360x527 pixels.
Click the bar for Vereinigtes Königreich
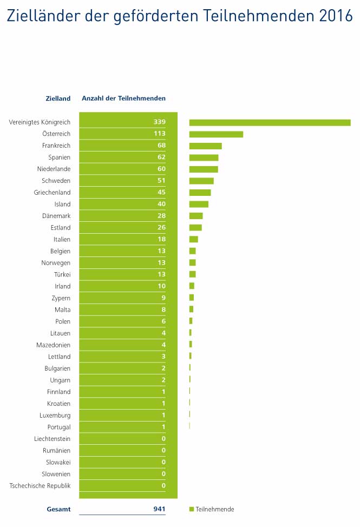tap(270, 122)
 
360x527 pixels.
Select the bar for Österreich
tap(216, 134)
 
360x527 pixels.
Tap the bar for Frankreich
tap(205, 146)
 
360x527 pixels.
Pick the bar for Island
tap(199, 204)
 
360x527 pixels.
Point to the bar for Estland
tap(195, 228)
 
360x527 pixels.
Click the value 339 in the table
tap(159, 122)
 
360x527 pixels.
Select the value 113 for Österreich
tap(159, 134)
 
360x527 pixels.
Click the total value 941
tap(159, 509)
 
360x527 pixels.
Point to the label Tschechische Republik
tap(40, 486)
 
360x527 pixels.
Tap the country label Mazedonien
tap(54, 345)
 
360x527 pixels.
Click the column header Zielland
tap(58, 98)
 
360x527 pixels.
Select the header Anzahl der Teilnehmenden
tap(123, 98)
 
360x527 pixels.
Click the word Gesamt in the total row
tap(58, 509)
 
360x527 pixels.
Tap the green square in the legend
tap(192, 509)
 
